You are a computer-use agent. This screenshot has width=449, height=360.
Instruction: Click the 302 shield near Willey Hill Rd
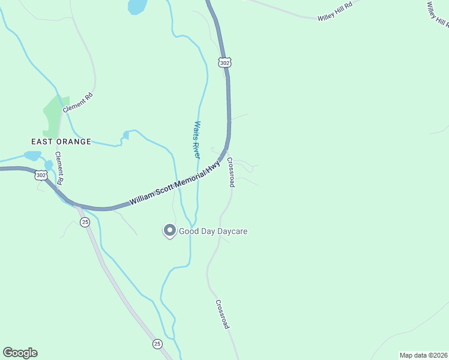(224, 62)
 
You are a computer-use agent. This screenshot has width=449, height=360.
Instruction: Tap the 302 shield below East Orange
(41, 175)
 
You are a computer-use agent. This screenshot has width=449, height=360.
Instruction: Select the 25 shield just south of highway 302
(85, 222)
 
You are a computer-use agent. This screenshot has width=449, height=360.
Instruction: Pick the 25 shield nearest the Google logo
(157, 344)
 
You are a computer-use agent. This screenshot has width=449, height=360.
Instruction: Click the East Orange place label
(61, 142)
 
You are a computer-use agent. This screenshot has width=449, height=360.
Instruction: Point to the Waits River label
(196, 140)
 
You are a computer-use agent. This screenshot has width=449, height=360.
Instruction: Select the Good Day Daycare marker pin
(169, 230)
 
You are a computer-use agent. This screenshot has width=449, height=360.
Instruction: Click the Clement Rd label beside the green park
(78, 103)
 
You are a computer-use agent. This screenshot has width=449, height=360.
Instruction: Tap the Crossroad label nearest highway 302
(231, 172)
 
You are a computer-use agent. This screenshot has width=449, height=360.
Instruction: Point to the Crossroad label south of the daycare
(222, 314)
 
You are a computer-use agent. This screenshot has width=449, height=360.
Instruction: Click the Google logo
(20, 353)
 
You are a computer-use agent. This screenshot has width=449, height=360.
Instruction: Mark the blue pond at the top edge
(137, 7)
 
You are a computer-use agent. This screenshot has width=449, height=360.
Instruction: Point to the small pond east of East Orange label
(125, 134)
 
